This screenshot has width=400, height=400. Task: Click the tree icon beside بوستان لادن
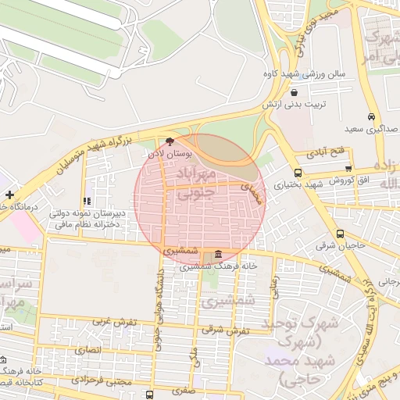pyautogui.click(x=171, y=141)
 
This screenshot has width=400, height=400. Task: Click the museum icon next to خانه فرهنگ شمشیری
pyautogui.click(x=217, y=255)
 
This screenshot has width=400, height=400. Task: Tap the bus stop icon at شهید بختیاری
pyautogui.click(x=298, y=173)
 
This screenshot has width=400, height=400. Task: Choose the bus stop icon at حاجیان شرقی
pyautogui.click(x=340, y=234)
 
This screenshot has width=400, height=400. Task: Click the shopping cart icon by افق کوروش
pyautogui.click(x=348, y=168)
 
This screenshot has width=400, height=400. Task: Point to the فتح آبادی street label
pyautogui.click(x=319, y=152)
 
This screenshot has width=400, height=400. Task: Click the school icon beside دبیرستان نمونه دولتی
pyautogui.click(x=86, y=202)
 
